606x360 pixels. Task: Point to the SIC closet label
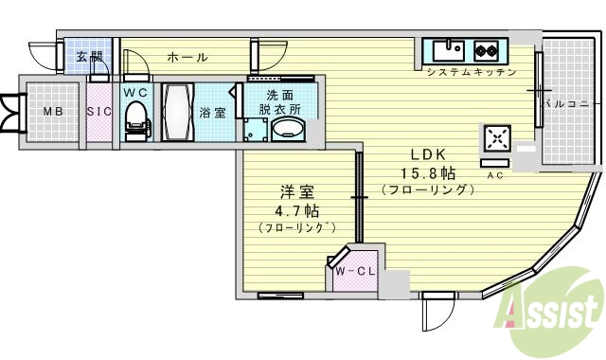pos(98,112)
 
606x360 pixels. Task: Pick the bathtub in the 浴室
pos(177,113)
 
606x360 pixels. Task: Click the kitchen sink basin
pos(447,49)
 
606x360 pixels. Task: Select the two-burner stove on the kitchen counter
pos(487,49)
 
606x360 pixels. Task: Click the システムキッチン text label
pos(471,73)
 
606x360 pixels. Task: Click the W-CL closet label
pos(355,272)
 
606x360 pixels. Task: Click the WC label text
pos(134,92)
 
